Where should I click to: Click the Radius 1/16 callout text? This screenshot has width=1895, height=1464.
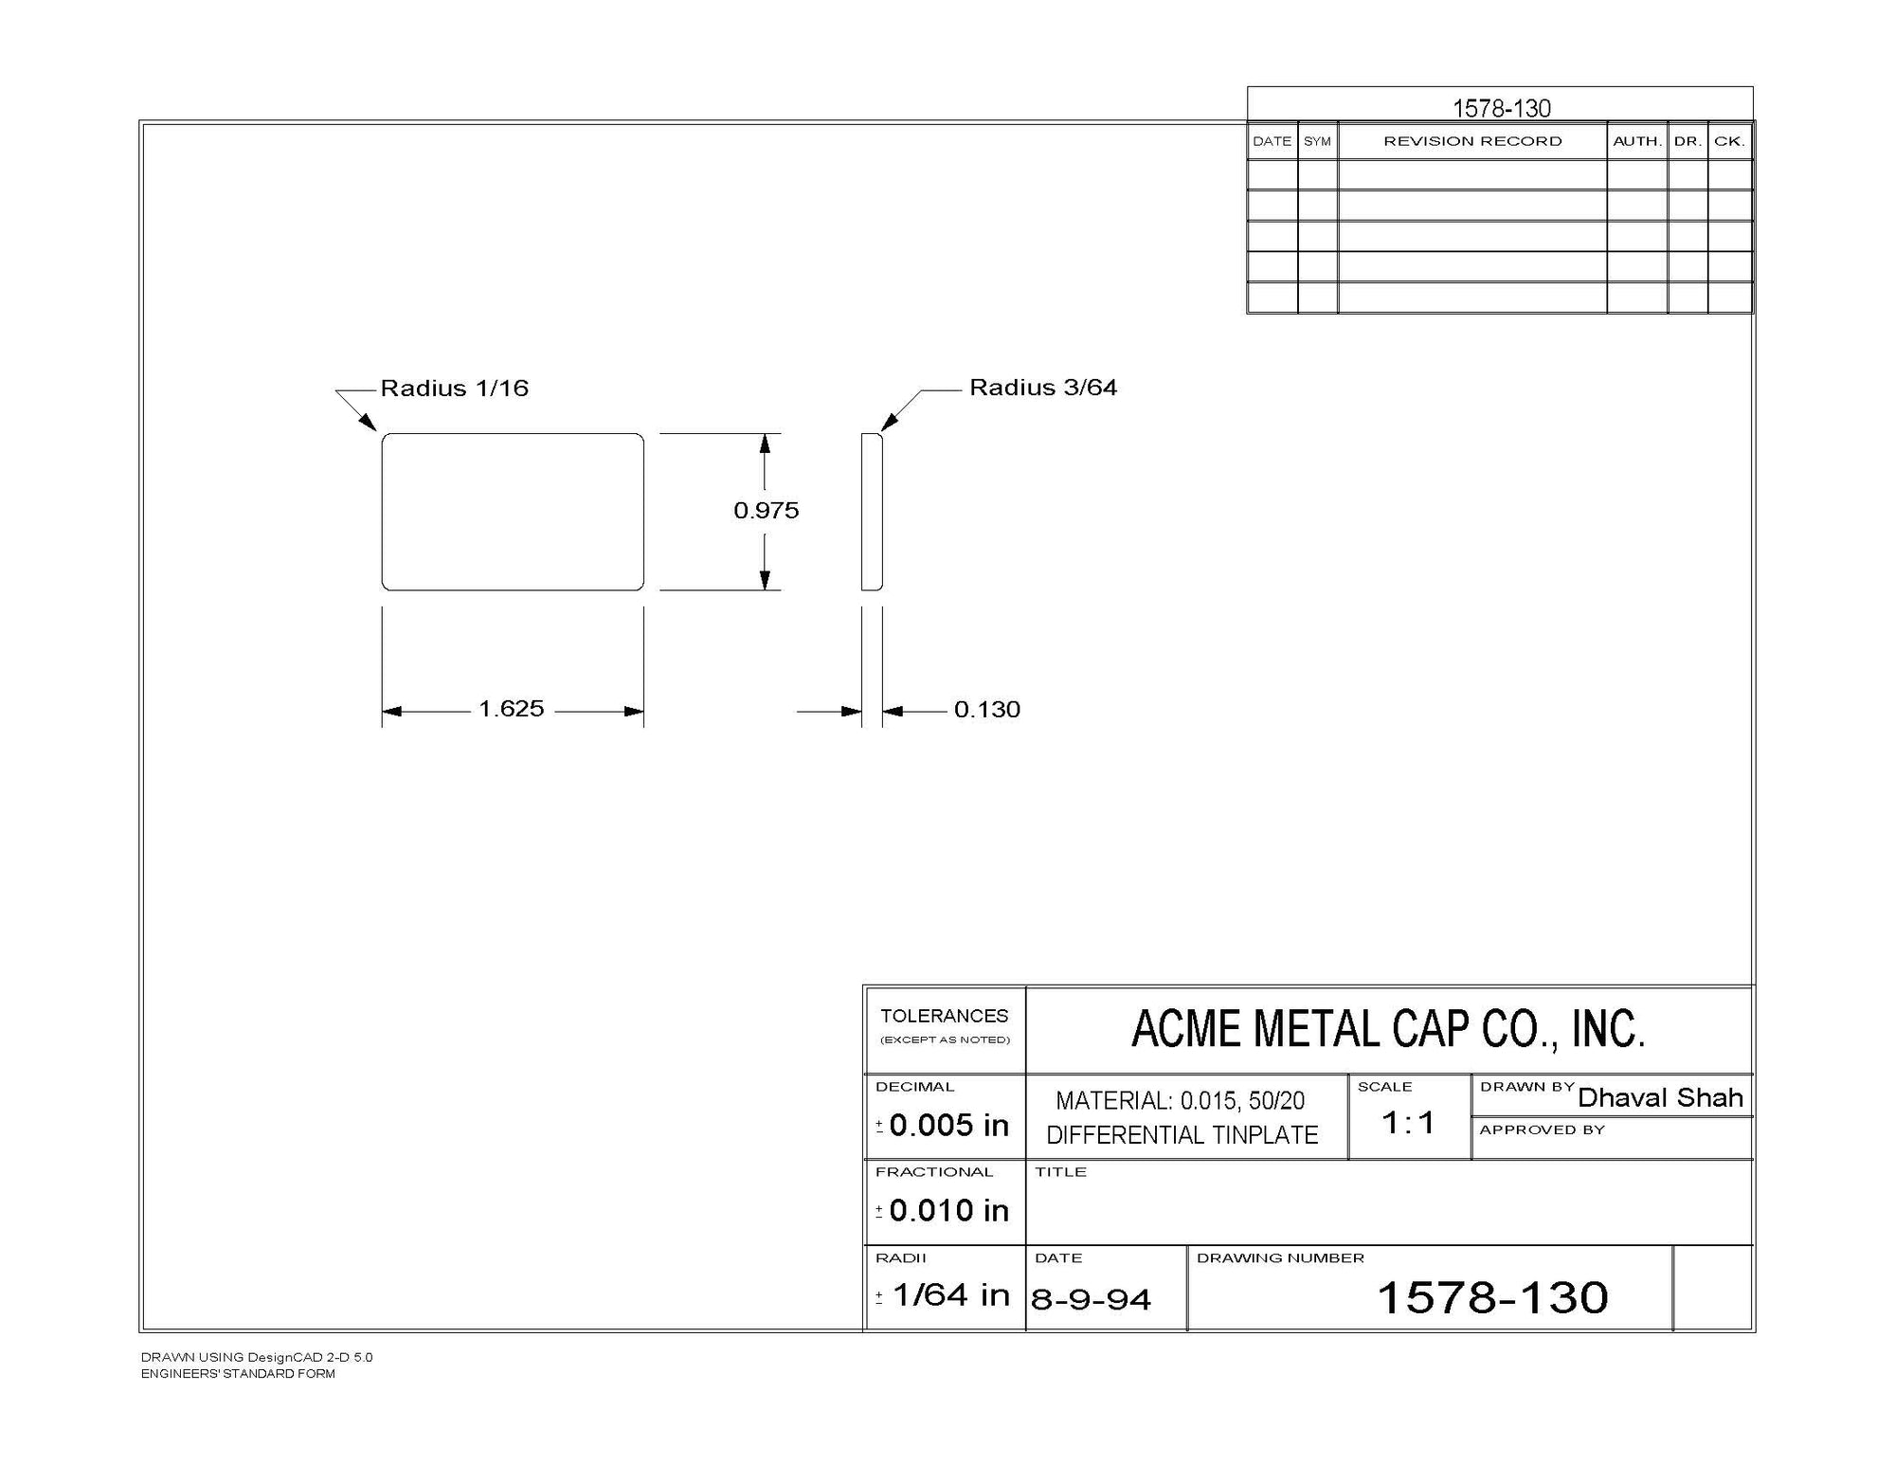pyautogui.click(x=454, y=389)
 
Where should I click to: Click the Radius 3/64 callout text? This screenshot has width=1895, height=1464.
pyautogui.click(x=1043, y=388)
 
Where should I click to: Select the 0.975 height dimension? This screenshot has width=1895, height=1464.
pyautogui.click(x=767, y=511)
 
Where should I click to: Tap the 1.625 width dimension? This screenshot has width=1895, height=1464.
pyautogui.click(x=511, y=709)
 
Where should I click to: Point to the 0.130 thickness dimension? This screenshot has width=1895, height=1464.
pyautogui.click(x=986, y=710)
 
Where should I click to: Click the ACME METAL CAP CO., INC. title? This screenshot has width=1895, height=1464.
pyautogui.click(x=1388, y=1029)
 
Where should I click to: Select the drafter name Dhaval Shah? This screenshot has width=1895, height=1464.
pyautogui.click(x=1660, y=1097)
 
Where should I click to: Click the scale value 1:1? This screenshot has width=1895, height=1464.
pyautogui.click(x=1408, y=1123)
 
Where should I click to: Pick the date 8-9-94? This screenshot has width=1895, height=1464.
pyautogui.click(x=1091, y=1299)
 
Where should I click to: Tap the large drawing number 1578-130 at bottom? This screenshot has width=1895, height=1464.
pyautogui.click(x=1492, y=1297)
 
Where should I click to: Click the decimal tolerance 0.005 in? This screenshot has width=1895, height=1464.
pyautogui.click(x=948, y=1125)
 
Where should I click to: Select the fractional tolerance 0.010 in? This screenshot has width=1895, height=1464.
pyautogui.click(x=948, y=1210)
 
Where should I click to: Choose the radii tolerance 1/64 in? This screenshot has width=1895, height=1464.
pyautogui.click(x=951, y=1294)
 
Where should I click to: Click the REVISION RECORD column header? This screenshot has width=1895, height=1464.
pyautogui.click(x=1472, y=141)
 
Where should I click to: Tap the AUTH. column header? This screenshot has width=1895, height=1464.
pyautogui.click(x=1637, y=141)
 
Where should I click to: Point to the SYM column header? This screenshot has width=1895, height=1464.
pyautogui.click(x=1317, y=141)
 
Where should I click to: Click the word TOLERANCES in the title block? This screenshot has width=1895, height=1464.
pyautogui.click(x=944, y=1016)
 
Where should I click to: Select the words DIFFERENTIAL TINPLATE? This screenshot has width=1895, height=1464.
pyautogui.click(x=1182, y=1135)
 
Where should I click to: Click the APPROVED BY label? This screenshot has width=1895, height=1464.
pyautogui.click(x=1543, y=1130)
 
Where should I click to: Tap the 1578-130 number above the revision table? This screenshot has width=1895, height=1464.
pyautogui.click(x=1502, y=108)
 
